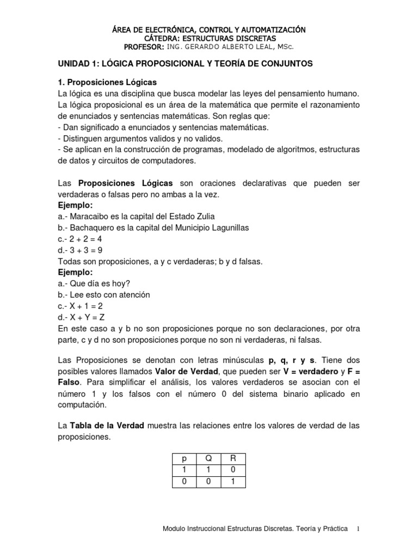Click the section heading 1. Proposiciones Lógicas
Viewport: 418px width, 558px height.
[107, 82]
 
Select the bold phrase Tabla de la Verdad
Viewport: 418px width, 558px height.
[106, 426]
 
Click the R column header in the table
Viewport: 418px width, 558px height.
[233, 459]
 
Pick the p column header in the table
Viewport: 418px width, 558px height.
[184, 459]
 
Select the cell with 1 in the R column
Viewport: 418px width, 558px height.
[233, 481]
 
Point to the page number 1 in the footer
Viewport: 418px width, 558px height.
[358, 529]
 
